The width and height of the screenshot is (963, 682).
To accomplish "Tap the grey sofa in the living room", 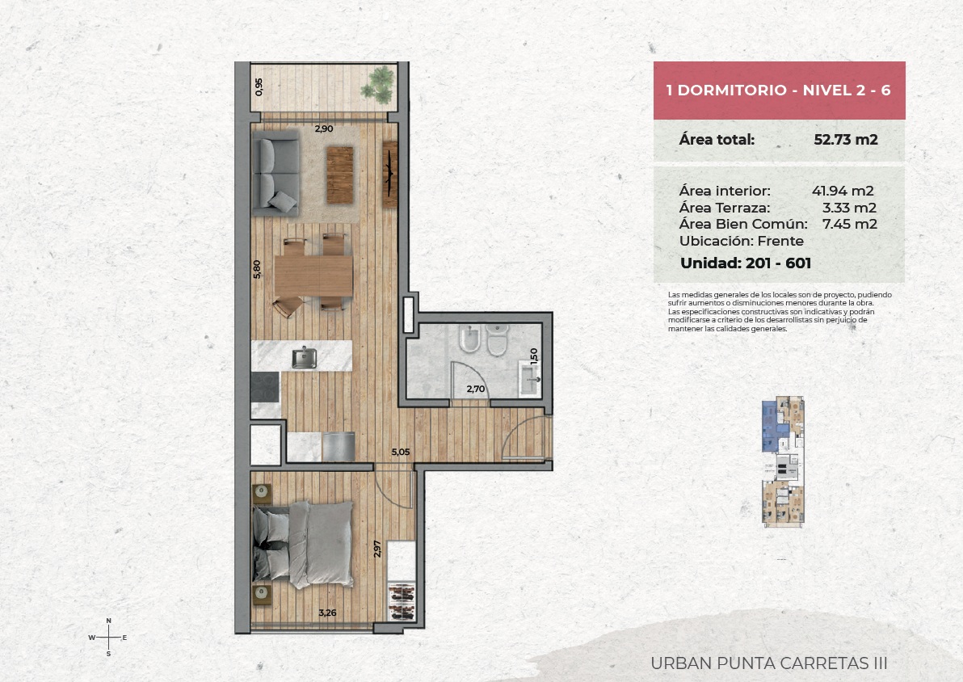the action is (275, 174).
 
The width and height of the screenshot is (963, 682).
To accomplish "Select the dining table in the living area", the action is (313, 276).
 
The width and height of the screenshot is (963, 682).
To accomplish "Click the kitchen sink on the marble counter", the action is (304, 357).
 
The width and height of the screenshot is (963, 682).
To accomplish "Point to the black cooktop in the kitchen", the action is (265, 386).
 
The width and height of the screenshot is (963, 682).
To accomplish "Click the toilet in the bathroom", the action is (498, 339).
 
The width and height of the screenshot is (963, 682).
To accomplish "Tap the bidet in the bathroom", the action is (470, 339).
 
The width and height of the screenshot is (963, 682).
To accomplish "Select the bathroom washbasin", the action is (529, 378).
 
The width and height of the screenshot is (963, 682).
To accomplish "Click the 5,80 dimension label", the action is (257, 269).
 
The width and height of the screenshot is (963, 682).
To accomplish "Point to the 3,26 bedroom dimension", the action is (327, 613).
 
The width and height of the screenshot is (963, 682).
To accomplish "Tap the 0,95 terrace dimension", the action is (259, 86).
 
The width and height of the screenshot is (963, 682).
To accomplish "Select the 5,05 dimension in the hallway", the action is (401, 453).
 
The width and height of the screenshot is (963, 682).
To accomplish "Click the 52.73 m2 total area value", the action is (846, 140).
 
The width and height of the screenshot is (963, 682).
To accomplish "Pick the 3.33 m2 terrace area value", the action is (849, 208).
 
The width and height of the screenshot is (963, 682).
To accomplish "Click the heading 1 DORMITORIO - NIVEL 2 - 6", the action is (778, 91).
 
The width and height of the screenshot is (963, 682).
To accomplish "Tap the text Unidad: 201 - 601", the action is (746, 263).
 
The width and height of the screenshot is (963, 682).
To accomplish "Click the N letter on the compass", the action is (109, 621).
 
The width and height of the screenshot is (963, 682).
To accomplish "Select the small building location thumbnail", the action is (783, 461).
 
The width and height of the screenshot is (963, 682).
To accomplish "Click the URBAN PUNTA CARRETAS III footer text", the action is (769, 663).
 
